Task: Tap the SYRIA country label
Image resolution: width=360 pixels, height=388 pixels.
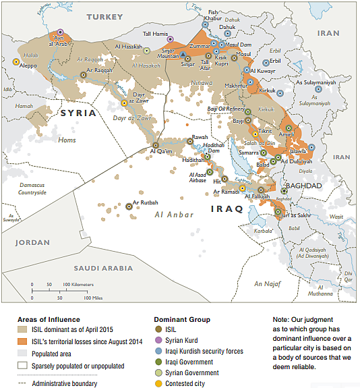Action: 78,113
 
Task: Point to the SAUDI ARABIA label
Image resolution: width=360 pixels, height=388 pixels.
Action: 104,267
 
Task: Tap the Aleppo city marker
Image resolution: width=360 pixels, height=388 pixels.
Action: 16,61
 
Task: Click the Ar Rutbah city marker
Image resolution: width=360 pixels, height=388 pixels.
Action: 129,206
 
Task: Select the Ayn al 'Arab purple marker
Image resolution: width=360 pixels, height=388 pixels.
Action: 60,32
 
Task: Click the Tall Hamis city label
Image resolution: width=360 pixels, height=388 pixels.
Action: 156,34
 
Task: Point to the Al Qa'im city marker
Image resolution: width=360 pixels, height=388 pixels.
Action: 156,144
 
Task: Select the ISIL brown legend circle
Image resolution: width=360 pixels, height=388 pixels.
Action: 156,330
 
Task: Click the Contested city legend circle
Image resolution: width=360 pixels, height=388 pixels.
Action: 156,383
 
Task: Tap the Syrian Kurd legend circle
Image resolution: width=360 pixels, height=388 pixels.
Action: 156,341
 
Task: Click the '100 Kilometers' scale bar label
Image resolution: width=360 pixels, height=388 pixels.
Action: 80,285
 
